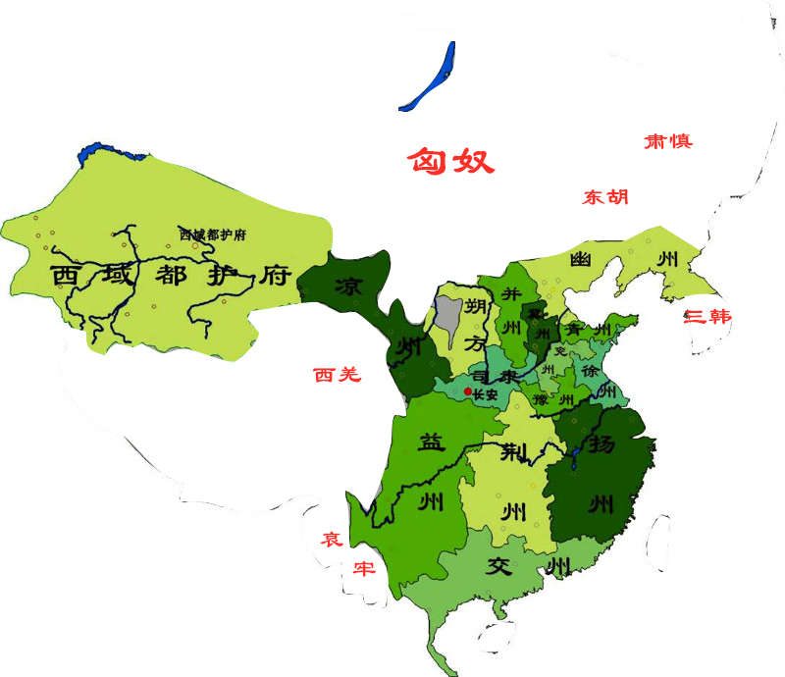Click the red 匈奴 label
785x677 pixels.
[x=451, y=160]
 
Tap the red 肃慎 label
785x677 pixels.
[x=667, y=141]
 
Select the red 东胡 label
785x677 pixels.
[x=605, y=197]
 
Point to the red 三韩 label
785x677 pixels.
[x=707, y=317]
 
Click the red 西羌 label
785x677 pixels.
[x=338, y=374]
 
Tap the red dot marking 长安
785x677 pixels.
[x=467, y=391]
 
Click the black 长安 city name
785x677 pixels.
[x=486, y=394]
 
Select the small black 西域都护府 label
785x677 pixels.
[x=212, y=234]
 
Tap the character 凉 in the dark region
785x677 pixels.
[x=348, y=287]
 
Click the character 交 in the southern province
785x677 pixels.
[x=500, y=566]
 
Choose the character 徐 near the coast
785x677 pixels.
[x=592, y=373]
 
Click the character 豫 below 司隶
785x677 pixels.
[x=541, y=400]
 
